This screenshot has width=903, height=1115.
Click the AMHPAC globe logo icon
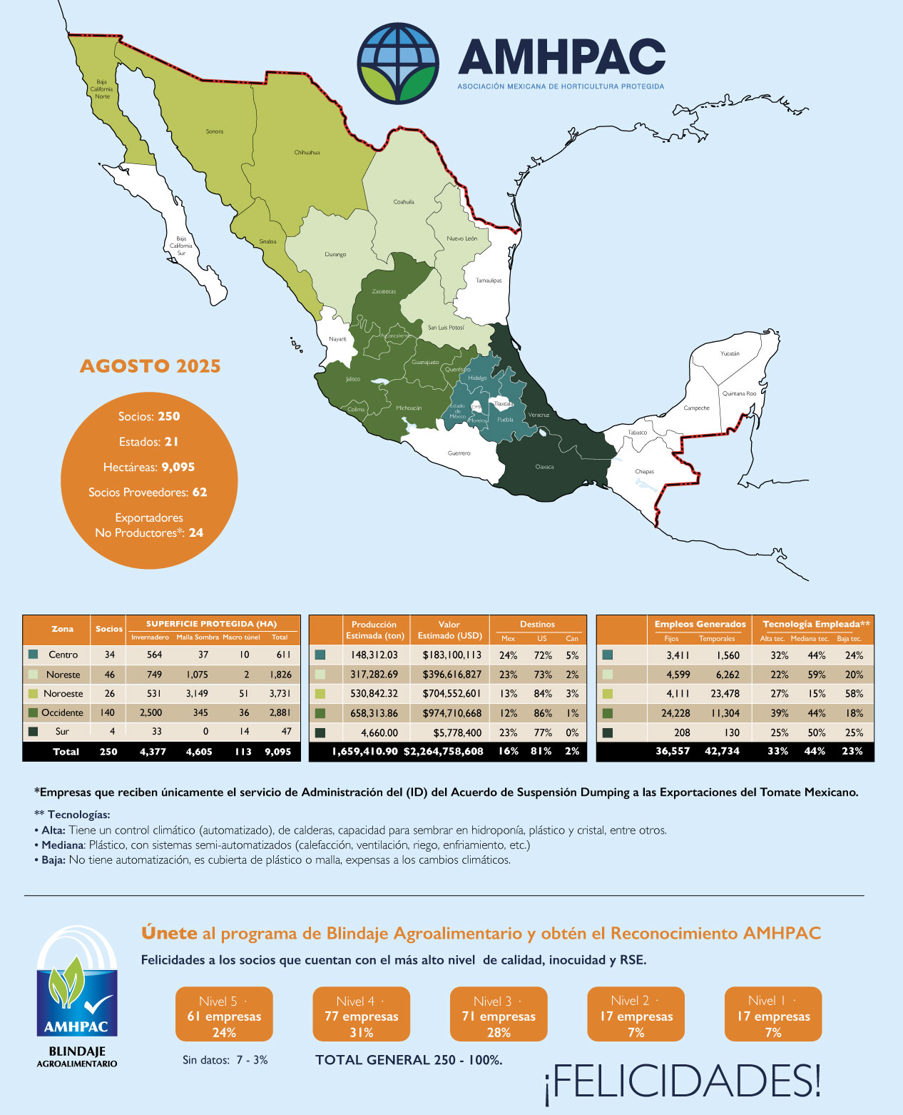[398, 64]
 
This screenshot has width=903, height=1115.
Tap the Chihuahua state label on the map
[307, 152]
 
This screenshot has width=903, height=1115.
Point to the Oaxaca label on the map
[544, 467]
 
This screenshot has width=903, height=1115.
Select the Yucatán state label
[730, 353]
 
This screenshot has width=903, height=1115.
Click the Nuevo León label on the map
[461, 238]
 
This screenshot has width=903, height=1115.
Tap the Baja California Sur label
[181, 246]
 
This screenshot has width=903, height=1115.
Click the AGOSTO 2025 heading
[150, 366]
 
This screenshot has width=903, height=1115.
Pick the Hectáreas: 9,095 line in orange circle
[149, 467]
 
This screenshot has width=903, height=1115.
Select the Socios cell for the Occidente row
[109, 712]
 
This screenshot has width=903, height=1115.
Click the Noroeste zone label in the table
[63, 693]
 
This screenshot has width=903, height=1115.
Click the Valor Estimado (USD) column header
[449, 630]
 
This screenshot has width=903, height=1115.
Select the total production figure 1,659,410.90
[364, 751]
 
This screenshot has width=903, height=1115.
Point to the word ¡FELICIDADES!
[683, 1081]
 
